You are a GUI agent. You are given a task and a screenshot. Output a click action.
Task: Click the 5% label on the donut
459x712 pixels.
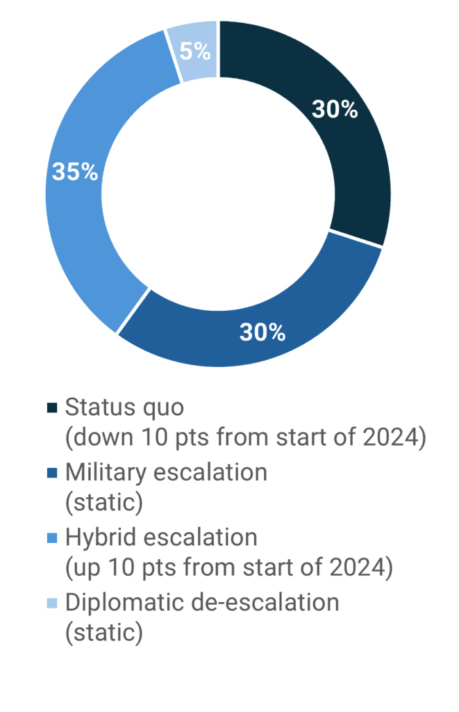(194, 51)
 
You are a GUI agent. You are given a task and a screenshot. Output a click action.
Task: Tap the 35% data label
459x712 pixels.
(75, 172)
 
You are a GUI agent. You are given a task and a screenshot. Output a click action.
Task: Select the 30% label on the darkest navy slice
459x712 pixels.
(335, 109)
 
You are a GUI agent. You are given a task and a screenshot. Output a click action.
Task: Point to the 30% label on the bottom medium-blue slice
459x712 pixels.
(262, 332)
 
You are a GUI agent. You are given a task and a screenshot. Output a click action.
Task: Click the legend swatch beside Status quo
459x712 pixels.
(52, 407)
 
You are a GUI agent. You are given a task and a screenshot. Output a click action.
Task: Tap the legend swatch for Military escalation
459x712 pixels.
(52, 473)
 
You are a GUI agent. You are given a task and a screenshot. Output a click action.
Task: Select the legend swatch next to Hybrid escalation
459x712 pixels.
(52, 537)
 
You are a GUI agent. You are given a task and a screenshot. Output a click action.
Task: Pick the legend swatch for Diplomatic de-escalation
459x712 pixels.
(52, 603)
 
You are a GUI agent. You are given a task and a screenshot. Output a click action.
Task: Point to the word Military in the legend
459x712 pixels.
(105, 473)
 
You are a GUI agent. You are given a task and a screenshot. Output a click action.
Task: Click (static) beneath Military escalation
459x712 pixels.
(103, 503)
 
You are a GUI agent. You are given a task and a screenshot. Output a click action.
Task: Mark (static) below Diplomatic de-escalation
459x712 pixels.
(103, 633)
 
